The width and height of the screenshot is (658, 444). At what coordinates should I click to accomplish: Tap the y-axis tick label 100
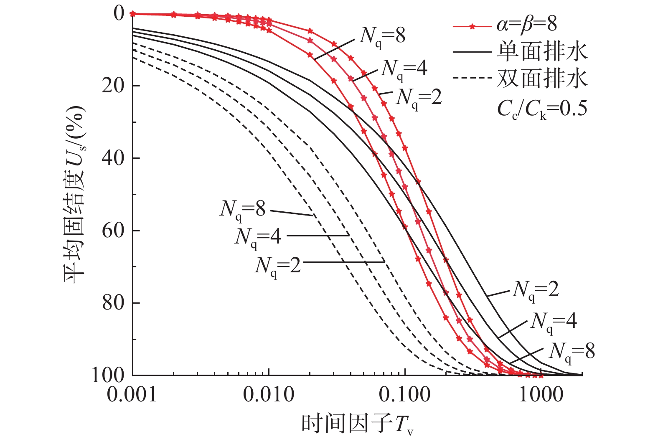point(108,375)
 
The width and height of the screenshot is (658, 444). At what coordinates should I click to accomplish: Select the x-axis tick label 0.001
point(132,394)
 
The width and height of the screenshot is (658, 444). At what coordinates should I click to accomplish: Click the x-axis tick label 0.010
point(269,394)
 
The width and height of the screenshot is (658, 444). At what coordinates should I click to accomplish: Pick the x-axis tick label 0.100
point(405,394)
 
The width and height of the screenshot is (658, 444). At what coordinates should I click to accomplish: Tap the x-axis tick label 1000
point(541,394)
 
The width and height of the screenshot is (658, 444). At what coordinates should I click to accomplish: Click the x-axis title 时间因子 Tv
point(358,424)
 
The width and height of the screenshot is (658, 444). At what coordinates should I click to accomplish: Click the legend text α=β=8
point(527,24)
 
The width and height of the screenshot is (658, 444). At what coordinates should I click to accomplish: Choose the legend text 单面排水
point(542,51)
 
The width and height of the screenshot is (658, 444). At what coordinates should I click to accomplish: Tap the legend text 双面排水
point(542,78)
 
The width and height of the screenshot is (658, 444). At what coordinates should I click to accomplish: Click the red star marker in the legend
point(472,27)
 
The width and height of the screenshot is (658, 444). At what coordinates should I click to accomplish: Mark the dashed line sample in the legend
point(472,78)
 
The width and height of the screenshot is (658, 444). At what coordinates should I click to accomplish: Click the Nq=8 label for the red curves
point(382,37)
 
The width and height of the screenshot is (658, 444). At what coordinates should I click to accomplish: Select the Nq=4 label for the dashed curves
point(258,237)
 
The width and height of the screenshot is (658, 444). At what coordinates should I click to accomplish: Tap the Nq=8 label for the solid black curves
point(572,352)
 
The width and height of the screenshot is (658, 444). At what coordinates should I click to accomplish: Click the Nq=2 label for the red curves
point(419,98)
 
